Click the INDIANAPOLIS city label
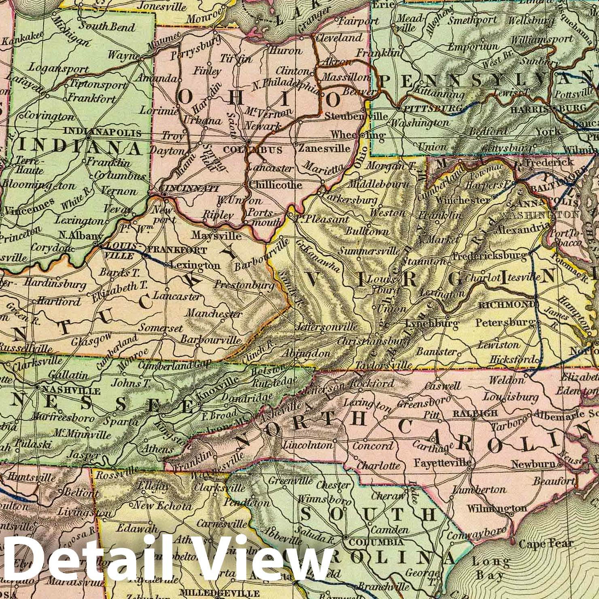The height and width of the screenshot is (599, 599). [x=102, y=132]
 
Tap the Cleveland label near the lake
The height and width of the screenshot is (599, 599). [x=339, y=38]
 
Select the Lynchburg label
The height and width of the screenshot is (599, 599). [x=431, y=323]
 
